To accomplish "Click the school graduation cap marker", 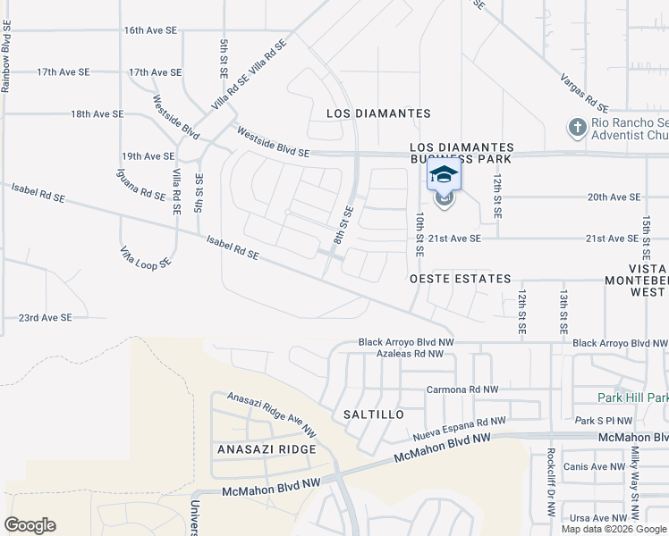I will pyautogui.click(x=444, y=174).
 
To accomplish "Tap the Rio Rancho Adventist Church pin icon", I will pyautogui.click(x=577, y=128).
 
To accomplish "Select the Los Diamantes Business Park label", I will pyautogui.click(x=462, y=153).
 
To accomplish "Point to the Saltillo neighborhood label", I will pyautogui.click(x=374, y=415).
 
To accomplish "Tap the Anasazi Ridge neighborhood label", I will pyautogui.click(x=267, y=449).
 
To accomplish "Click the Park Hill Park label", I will pyautogui.click(x=633, y=397).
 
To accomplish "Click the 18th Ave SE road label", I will pyautogui.click(x=97, y=114).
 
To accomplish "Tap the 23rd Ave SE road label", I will pyautogui.click(x=45, y=317).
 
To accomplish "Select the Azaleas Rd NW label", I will pyautogui.click(x=410, y=354).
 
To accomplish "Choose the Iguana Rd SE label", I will pyautogui.click(x=140, y=184).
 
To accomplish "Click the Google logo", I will pyautogui.click(x=30, y=525).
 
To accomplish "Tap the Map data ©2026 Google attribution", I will pyautogui.click(x=614, y=529).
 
